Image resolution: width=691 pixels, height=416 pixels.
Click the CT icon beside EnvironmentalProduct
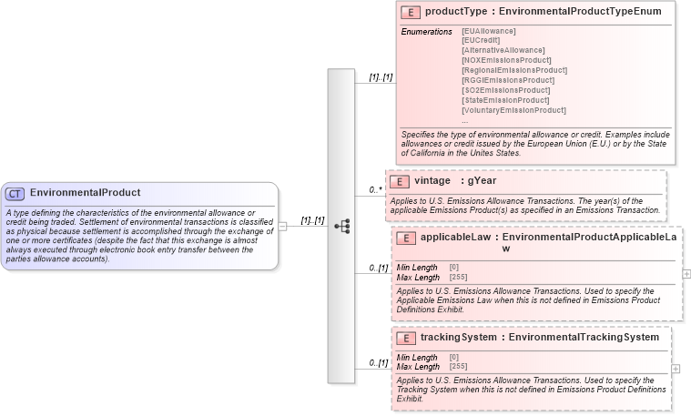(15, 193)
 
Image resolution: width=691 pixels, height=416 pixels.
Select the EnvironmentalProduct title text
(85, 193)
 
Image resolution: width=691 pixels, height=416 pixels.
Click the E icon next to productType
(411, 12)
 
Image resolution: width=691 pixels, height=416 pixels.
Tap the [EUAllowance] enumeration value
(490, 32)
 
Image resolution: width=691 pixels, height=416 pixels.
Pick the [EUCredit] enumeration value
(481, 41)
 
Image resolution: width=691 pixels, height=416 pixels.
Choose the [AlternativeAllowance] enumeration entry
(503, 50)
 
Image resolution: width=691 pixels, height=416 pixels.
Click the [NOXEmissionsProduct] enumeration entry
(506, 60)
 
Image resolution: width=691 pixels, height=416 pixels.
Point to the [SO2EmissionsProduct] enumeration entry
(506, 90)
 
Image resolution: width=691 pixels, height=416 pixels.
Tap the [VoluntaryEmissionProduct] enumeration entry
(513, 110)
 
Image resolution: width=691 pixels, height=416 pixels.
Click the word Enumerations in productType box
(427, 32)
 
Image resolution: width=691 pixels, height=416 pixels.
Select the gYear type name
(482, 181)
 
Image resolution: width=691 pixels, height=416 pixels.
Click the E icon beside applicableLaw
(406, 238)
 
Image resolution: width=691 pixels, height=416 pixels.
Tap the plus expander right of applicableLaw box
(686, 273)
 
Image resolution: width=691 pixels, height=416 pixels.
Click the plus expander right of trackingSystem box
(676, 369)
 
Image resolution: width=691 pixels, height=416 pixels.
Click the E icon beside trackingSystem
(406, 338)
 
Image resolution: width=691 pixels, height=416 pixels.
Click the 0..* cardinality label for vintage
(374, 190)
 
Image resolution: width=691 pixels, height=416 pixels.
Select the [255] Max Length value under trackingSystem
(459, 367)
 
